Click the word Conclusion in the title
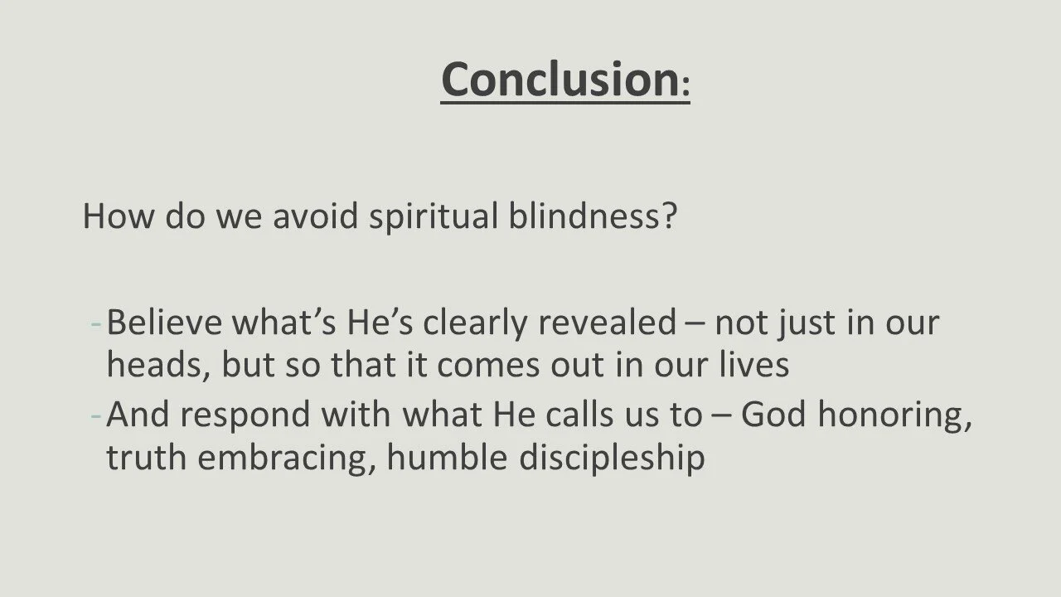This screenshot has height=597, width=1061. (x=560, y=79)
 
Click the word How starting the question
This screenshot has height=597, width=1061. (x=119, y=216)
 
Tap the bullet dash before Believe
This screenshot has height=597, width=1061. (x=96, y=323)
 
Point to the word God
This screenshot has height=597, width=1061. (x=773, y=414)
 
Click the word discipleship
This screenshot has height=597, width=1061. (x=612, y=458)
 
